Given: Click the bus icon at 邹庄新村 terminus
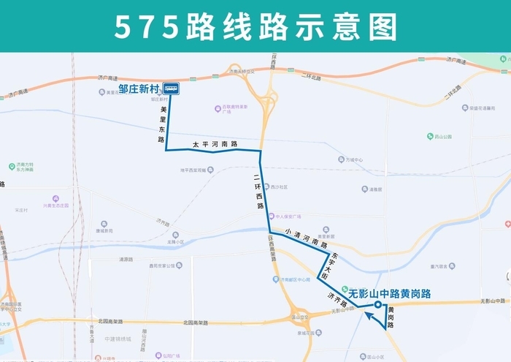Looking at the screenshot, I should (172, 89).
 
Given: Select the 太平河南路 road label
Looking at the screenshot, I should (215, 144).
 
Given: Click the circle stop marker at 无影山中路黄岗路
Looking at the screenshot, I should (377, 305).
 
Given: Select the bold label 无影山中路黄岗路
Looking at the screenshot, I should (390, 294).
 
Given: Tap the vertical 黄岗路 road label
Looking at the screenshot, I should (391, 319).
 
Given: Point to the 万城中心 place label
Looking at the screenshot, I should (354, 159).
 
